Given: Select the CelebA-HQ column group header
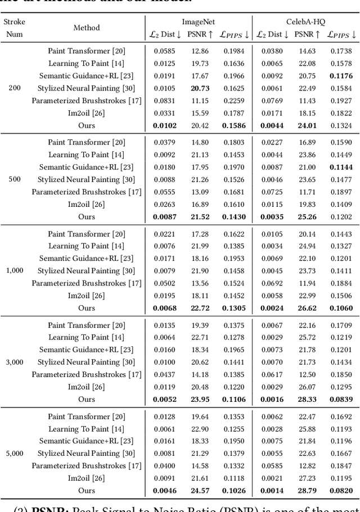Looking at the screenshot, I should [306, 21].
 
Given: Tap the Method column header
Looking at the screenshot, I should [87, 28].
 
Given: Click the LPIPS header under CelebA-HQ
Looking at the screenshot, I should [342, 34].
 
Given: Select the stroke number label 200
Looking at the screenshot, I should [15, 88].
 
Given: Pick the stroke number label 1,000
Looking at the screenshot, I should [15, 271].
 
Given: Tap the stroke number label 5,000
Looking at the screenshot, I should [15, 454].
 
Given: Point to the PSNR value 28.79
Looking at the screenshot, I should [307, 491].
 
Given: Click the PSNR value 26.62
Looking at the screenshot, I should [307, 308].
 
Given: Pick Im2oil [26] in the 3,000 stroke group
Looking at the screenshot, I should [87, 387].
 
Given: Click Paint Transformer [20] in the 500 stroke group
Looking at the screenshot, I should [87, 142].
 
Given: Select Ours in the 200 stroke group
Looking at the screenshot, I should [87, 125].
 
